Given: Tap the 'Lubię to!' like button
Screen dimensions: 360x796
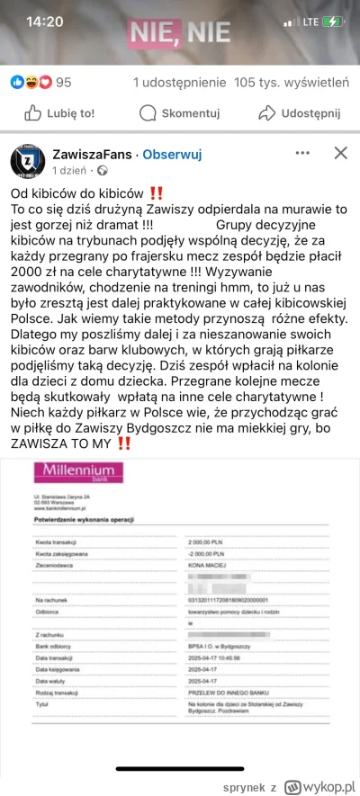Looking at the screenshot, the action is coord(58,113).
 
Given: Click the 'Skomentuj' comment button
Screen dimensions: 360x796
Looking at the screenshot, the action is coord(179,113).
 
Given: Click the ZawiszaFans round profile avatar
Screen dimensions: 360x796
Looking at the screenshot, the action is coord(27,161).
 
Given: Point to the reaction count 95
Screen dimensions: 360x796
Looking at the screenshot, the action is coord(64,83).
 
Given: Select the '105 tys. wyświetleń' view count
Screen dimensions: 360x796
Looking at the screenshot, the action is coord(291,83).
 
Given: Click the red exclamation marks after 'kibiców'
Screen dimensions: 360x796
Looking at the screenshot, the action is coord(156,192).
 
